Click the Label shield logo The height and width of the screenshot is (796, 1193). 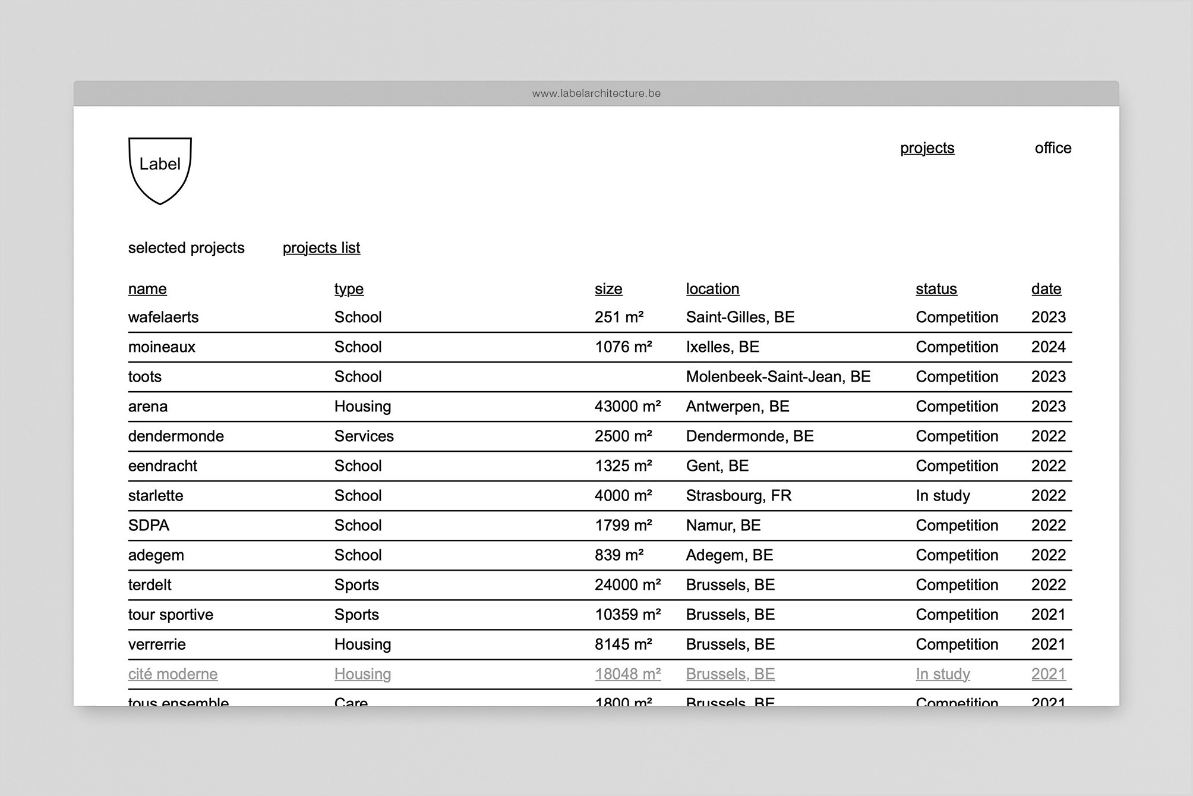160,170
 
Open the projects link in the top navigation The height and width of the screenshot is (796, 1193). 927,148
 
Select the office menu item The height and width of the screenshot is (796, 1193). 1053,148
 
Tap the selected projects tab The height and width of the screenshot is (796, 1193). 186,248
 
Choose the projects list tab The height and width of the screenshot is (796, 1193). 321,248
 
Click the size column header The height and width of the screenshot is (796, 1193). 608,289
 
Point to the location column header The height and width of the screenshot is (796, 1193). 712,289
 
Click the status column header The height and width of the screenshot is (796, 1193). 936,289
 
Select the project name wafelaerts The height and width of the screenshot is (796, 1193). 163,317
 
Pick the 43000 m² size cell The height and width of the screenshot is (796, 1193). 627,407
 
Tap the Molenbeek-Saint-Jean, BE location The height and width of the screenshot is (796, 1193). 778,377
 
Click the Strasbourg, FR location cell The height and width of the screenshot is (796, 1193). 738,496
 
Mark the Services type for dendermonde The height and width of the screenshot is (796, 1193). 364,436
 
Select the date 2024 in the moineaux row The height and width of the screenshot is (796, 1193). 1048,347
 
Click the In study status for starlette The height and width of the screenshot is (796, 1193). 942,496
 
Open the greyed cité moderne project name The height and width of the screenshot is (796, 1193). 173,674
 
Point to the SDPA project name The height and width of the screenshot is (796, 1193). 149,526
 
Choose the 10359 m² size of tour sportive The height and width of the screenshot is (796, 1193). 627,615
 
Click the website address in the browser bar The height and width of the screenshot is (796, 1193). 596,93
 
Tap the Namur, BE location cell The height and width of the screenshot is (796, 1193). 723,526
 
